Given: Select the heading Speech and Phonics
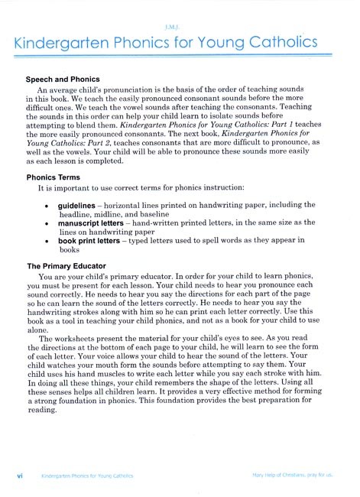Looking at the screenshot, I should (x=63, y=79).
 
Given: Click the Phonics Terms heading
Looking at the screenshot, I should (x=55, y=177).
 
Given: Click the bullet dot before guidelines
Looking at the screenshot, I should (x=48, y=206).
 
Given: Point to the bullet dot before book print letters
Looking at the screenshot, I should (x=48, y=241).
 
